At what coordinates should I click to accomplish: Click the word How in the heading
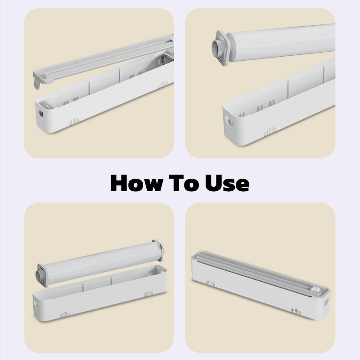(x=137, y=183)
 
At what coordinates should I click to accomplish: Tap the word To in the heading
(x=184, y=183)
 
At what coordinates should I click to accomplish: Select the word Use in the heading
(x=227, y=183)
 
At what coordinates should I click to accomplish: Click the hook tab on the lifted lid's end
(x=36, y=84)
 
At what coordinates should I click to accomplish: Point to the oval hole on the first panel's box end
(x=41, y=113)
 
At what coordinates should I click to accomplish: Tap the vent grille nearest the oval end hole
(x=74, y=122)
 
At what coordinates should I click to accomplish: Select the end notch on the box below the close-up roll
(x=229, y=121)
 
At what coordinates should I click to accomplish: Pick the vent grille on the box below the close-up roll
(x=270, y=131)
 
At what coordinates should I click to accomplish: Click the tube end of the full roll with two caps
(x=38, y=275)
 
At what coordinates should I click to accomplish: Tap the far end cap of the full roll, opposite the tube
(x=160, y=250)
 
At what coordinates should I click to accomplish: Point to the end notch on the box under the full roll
(x=36, y=304)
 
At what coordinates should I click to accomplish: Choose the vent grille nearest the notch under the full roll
(x=65, y=315)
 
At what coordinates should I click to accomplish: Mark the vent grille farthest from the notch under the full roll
(x=148, y=294)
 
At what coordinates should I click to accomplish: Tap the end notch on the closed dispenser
(x=326, y=302)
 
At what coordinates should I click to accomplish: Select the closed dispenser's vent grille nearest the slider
(x=296, y=311)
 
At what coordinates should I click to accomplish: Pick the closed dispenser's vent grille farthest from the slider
(x=210, y=283)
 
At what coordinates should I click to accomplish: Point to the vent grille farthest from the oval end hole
(x=163, y=85)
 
